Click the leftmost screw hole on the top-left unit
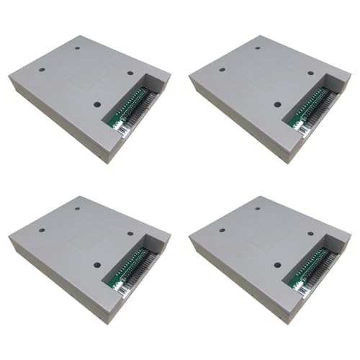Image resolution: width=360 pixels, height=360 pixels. point(42,72)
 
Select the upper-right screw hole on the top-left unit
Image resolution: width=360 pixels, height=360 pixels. point(130,73)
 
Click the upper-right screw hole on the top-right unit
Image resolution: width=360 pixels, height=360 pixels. point(310,73)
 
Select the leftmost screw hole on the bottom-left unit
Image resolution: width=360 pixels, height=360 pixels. point(42,230)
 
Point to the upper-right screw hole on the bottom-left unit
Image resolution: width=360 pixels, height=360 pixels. point(130,232)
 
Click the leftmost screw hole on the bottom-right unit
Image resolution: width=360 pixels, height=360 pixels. point(222,230)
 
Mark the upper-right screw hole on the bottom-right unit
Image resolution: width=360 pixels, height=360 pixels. point(310,232)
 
